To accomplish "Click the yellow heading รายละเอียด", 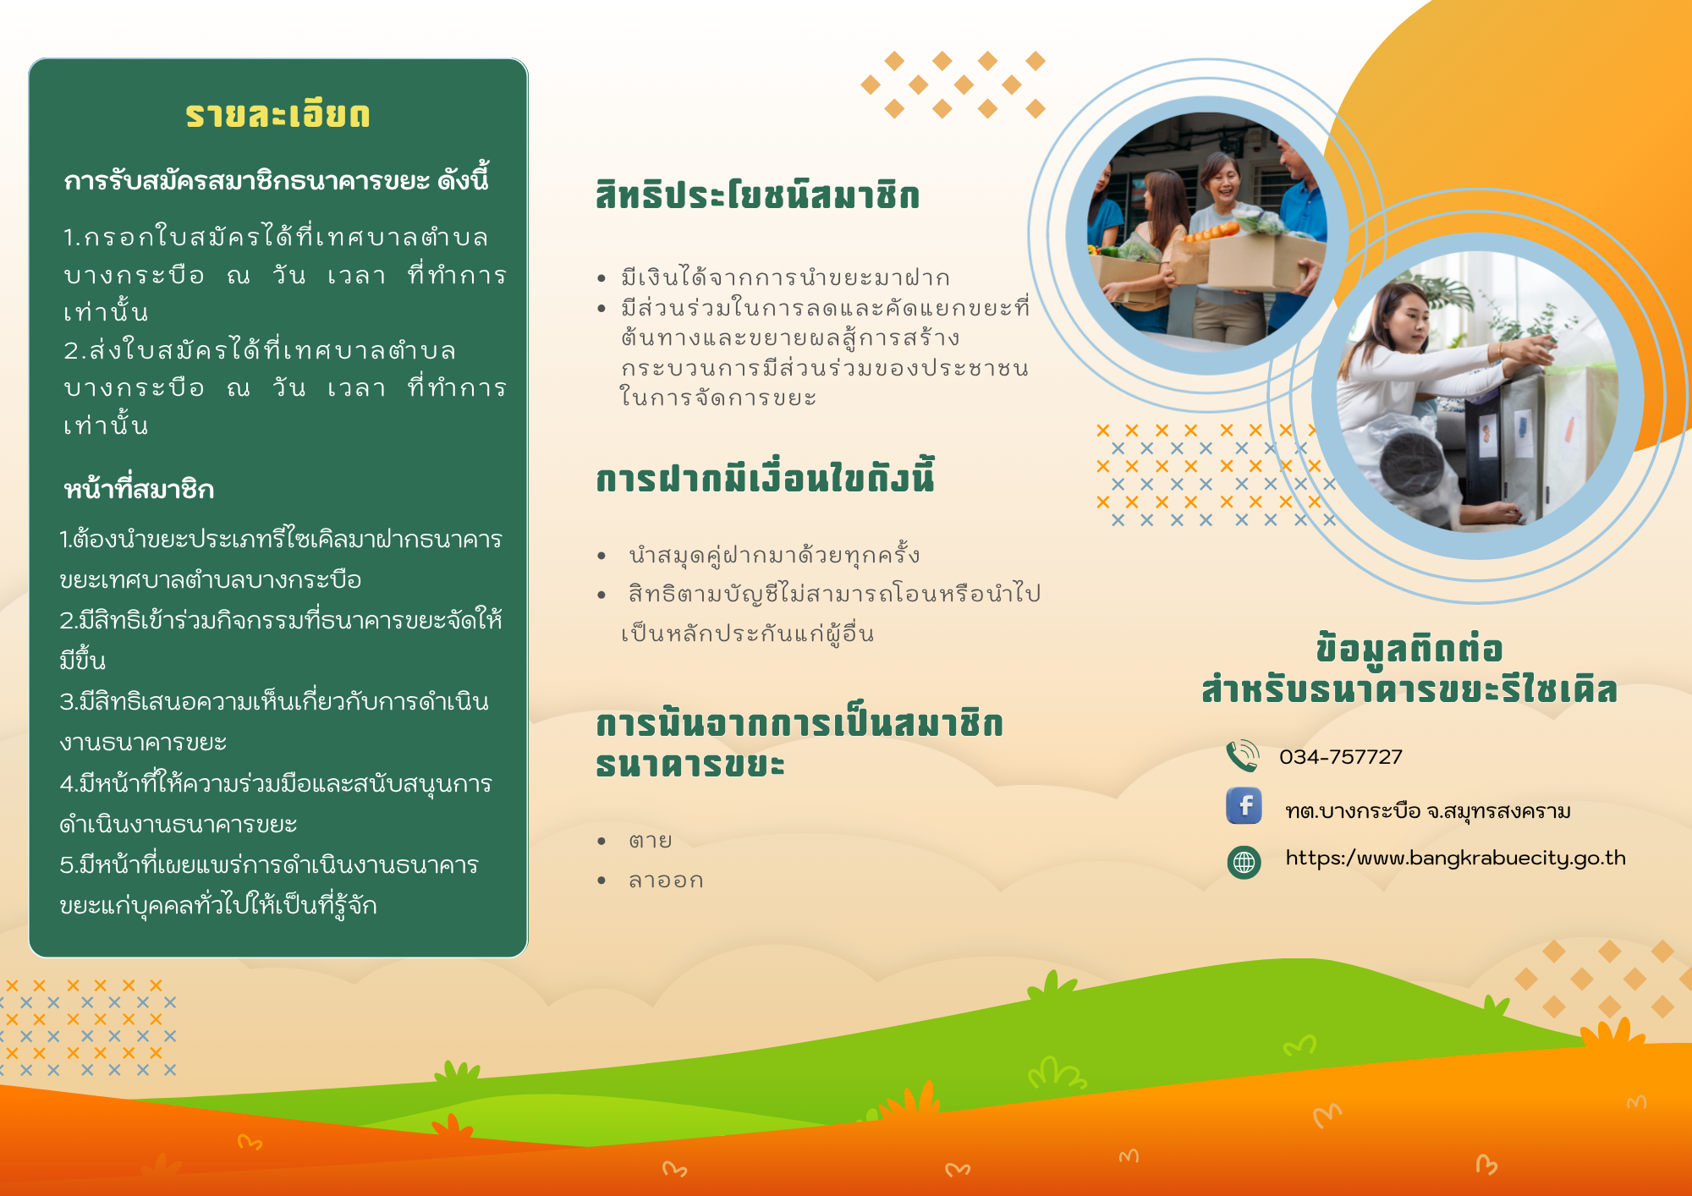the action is (x=277, y=114).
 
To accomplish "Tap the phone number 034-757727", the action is (x=1341, y=757).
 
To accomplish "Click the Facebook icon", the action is (x=1244, y=805).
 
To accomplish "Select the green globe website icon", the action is (x=1244, y=862).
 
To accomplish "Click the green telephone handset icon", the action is (x=1242, y=755).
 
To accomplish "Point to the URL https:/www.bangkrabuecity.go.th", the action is (x=1455, y=859).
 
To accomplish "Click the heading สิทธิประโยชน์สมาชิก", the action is (x=757, y=195).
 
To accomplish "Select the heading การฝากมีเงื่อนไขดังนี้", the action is (x=765, y=477).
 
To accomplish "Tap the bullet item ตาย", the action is (x=650, y=841).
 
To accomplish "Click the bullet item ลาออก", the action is (x=666, y=881).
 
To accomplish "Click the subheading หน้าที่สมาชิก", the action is (x=139, y=489).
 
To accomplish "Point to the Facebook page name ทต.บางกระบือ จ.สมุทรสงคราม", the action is (x=1428, y=811).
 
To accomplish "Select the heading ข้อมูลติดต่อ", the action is (x=1409, y=649).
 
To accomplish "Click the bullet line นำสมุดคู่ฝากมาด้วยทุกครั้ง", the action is (x=774, y=555).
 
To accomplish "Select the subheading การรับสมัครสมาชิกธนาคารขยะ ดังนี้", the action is (x=277, y=180).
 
